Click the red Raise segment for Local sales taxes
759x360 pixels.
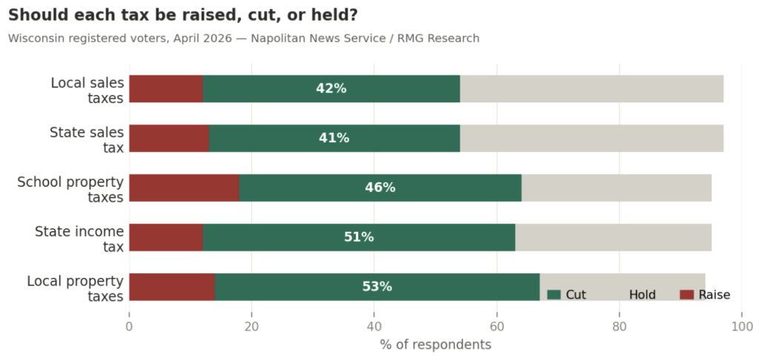coord(166,89)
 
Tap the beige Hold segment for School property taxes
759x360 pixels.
coord(616,188)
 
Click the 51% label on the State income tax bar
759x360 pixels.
coord(359,238)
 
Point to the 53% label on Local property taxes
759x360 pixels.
coord(377,287)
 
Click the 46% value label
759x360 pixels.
coord(380,188)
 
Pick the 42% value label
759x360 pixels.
coord(331,89)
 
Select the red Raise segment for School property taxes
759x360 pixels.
coord(184,188)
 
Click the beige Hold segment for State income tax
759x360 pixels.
coord(613,238)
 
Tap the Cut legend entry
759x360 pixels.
coord(567,295)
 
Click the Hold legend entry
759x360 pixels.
coord(642,295)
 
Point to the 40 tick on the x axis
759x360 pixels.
coord(374,327)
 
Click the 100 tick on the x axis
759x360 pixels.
coord(741,327)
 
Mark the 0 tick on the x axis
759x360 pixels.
coord(130,327)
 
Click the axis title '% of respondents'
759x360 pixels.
coord(435,345)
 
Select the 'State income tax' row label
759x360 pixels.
coord(79,239)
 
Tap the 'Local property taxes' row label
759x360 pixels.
coord(75,288)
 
